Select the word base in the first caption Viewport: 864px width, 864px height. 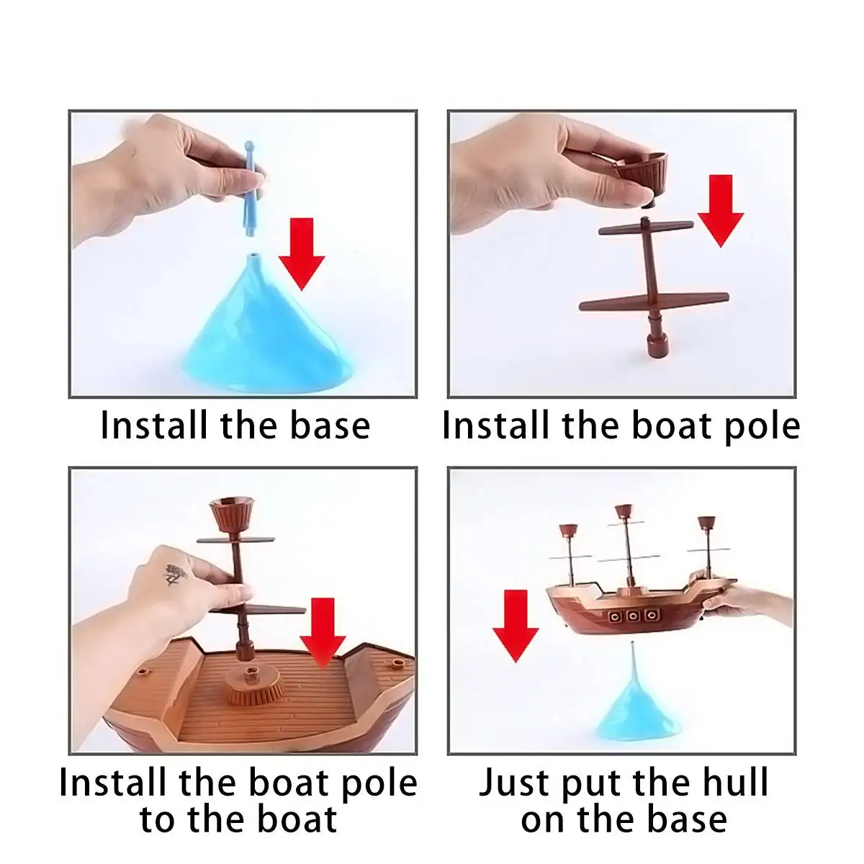click(330, 425)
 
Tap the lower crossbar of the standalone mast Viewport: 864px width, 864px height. click(654, 301)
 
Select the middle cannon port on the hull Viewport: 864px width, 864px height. click(632, 616)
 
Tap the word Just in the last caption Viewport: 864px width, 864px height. click(516, 783)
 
